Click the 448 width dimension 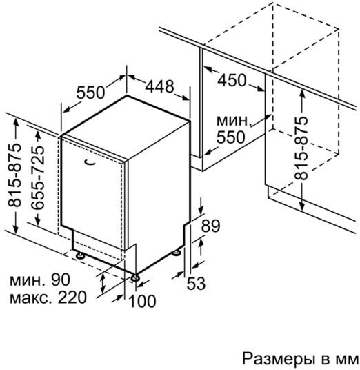pyautogui.click(x=159, y=86)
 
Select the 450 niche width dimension pyautogui.click(x=232, y=80)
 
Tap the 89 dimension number pyautogui.click(x=210, y=226)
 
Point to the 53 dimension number pyautogui.click(x=196, y=283)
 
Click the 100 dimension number pyautogui.click(x=142, y=301)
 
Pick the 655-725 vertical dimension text pyautogui.click(x=38, y=177)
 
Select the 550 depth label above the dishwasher pyautogui.click(x=90, y=92)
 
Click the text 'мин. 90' pyautogui.click(x=40, y=280)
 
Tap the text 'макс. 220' pyautogui.click(x=48, y=298)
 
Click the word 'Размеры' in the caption pyautogui.click(x=279, y=360)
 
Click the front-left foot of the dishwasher pyautogui.click(x=80, y=255)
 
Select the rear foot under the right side pyautogui.click(x=176, y=253)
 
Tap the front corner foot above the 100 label pyautogui.click(x=135, y=277)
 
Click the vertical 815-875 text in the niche pyautogui.click(x=301, y=148)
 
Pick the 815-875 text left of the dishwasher pyautogui.click(x=14, y=175)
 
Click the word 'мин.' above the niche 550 pyautogui.click(x=234, y=121)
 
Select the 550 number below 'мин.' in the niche pyautogui.click(x=231, y=137)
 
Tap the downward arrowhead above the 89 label pyautogui.click(x=201, y=209)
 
